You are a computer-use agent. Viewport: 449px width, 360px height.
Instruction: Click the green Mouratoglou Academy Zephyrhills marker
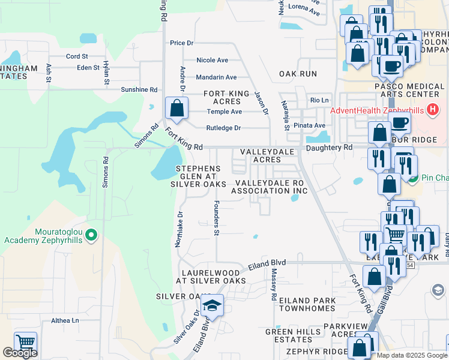pos(91,235)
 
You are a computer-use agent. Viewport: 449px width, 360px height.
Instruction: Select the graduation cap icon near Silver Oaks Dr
pos(211,307)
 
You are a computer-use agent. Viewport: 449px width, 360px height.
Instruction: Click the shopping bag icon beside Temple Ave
pos(176,109)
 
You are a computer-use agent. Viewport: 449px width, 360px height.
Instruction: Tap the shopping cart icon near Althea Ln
pos(25,343)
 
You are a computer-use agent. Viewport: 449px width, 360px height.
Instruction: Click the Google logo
pos(20,353)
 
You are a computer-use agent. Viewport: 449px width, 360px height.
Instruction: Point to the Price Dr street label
pos(181,43)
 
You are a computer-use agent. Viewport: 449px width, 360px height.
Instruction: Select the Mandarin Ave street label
pos(217,77)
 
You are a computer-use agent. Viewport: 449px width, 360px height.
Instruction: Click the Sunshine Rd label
pos(139,89)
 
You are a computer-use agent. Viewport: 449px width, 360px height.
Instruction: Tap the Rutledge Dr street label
pos(223,128)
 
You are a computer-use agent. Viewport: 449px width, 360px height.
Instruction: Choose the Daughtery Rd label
pos(329,147)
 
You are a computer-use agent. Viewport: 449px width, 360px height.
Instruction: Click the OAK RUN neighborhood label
pos(297,74)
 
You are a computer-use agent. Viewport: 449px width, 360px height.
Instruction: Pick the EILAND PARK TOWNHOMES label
pos(306,304)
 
